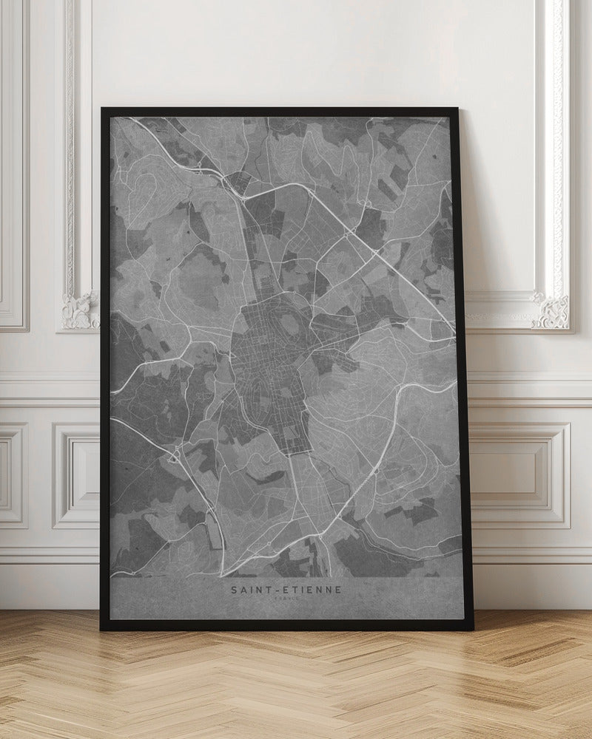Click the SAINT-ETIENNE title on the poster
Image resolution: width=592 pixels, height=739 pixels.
[285, 590]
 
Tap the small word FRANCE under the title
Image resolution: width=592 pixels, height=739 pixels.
[285, 599]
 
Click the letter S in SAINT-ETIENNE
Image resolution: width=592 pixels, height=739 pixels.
[232, 590]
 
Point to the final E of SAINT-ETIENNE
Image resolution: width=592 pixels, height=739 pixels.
[338, 590]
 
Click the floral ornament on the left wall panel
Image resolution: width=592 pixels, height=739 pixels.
[80, 310]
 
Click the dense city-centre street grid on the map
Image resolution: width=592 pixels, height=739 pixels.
[266, 362]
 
